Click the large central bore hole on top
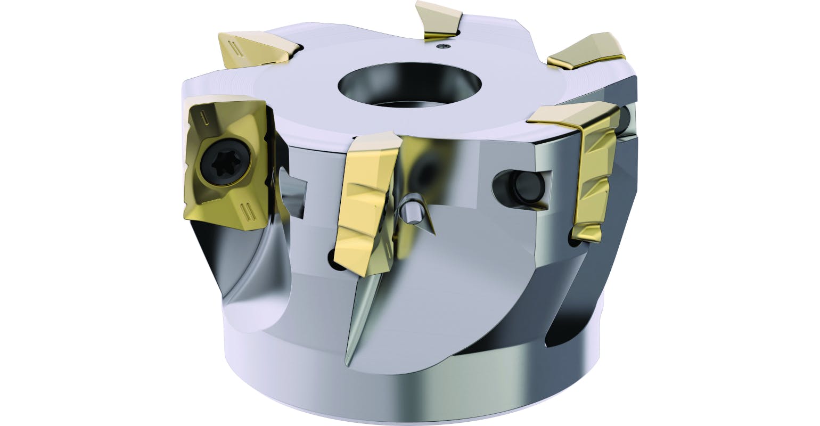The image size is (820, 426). pos(410,85)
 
